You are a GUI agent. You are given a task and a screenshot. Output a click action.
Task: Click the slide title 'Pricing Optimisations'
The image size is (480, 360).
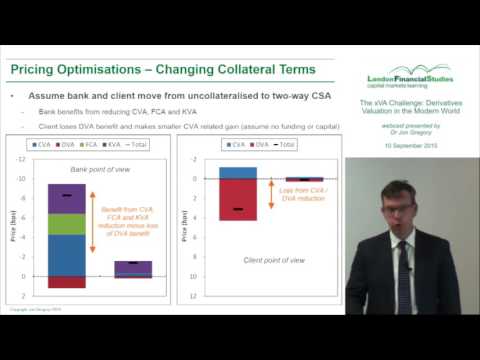click(75, 68)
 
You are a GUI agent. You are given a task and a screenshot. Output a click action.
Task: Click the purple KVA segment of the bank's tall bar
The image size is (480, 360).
click(66, 198)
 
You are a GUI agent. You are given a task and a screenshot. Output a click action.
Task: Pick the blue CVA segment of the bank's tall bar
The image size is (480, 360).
click(66, 255)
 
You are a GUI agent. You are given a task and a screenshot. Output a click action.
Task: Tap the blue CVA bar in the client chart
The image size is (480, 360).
click(238, 172)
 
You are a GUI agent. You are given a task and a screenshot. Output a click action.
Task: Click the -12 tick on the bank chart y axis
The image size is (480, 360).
click(22, 160)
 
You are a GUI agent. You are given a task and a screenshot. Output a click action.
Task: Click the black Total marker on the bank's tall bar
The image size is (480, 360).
click(66, 195)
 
